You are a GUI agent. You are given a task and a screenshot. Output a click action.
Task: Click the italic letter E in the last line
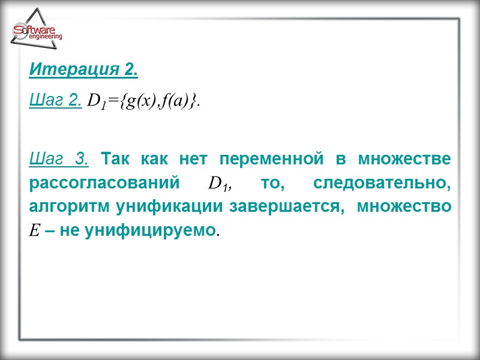(34, 229)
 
